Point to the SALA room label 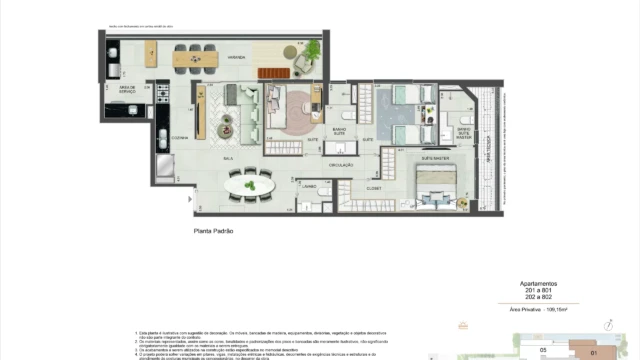click(228, 158)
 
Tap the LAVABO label click(309, 185)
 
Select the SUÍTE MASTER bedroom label click(433, 158)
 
